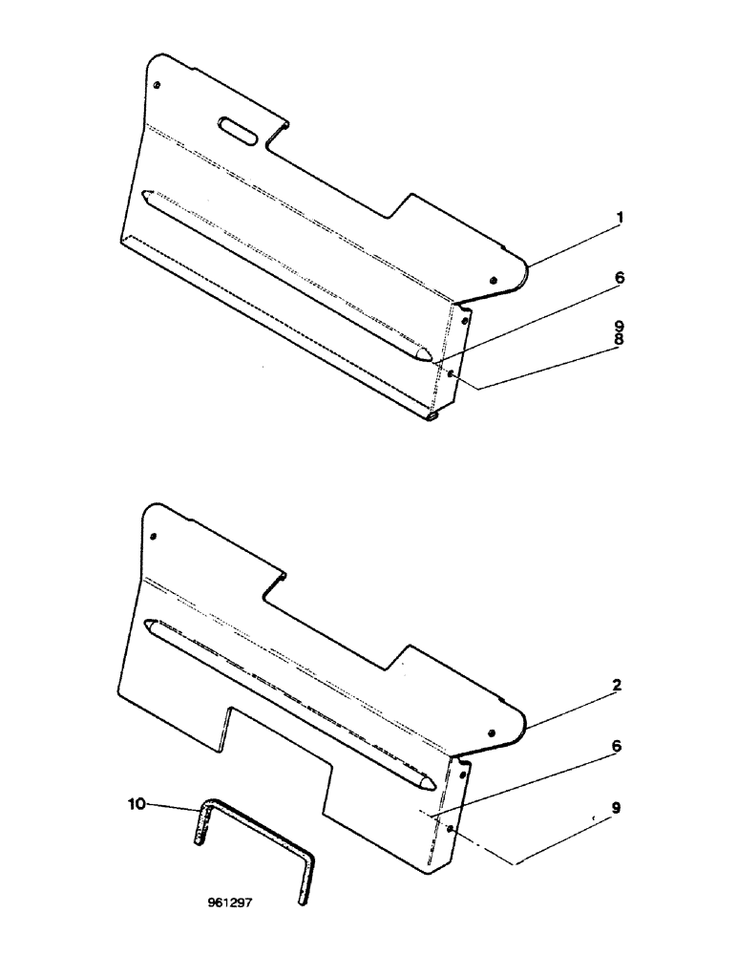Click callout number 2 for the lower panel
620,686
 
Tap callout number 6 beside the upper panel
620,278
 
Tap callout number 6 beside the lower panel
620,746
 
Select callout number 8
620,338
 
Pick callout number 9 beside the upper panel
620,325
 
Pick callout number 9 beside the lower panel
620,806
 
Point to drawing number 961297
229,900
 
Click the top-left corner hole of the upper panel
158,84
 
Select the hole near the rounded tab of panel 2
492,733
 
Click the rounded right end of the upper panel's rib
421,353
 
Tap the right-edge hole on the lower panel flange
450,829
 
